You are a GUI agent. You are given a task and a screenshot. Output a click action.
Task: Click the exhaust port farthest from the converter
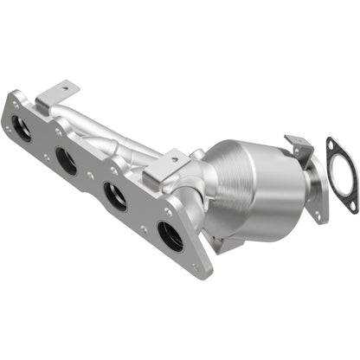tap(23, 132)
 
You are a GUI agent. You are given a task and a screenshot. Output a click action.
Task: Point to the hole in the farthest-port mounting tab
tap(62, 88)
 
